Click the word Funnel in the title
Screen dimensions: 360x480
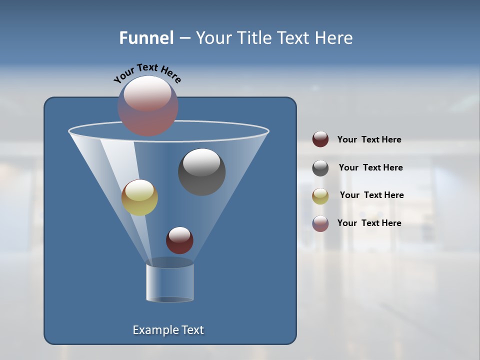click(146, 38)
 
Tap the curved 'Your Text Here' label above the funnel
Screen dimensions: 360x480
click(147, 72)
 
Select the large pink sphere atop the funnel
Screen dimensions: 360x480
click(148, 106)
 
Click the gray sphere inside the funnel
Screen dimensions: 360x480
click(202, 172)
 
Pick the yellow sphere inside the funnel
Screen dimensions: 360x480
click(139, 197)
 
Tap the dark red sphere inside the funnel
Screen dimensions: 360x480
click(179, 240)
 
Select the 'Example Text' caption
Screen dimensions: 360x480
click(168, 330)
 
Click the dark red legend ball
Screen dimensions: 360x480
click(320, 139)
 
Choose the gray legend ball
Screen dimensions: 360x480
click(320, 168)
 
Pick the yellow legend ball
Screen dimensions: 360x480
click(320, 196)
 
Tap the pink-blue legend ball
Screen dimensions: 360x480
click(320, 223)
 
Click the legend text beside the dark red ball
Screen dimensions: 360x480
click(369, 140)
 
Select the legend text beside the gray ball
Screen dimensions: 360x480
click(370, 167)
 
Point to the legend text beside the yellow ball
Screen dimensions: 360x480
click(371, 195)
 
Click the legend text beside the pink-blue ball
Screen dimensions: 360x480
click(369, 223)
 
